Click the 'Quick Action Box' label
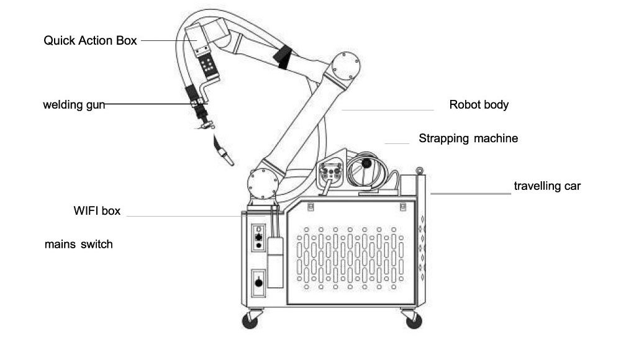(x=90, y=40)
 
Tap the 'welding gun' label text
(x=74, y=104)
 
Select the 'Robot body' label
(x=479, y=104)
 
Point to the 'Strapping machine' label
(x=468, y=138)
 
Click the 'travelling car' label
(x=547, y=186)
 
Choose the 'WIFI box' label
(x=97, y=210)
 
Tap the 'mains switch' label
(x=78, y=245)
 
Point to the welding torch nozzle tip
(x=231, y=163)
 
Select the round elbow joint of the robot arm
(x=345, y=66)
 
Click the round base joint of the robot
(x=263, y=184)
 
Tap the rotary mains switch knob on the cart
(x=258, y=282)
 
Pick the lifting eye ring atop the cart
(x=419, y=171)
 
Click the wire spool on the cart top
(x=367, y=171)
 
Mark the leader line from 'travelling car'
(x=471, y=194)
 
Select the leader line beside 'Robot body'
(x=388, y=110)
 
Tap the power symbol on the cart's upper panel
(x=258, y=229)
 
